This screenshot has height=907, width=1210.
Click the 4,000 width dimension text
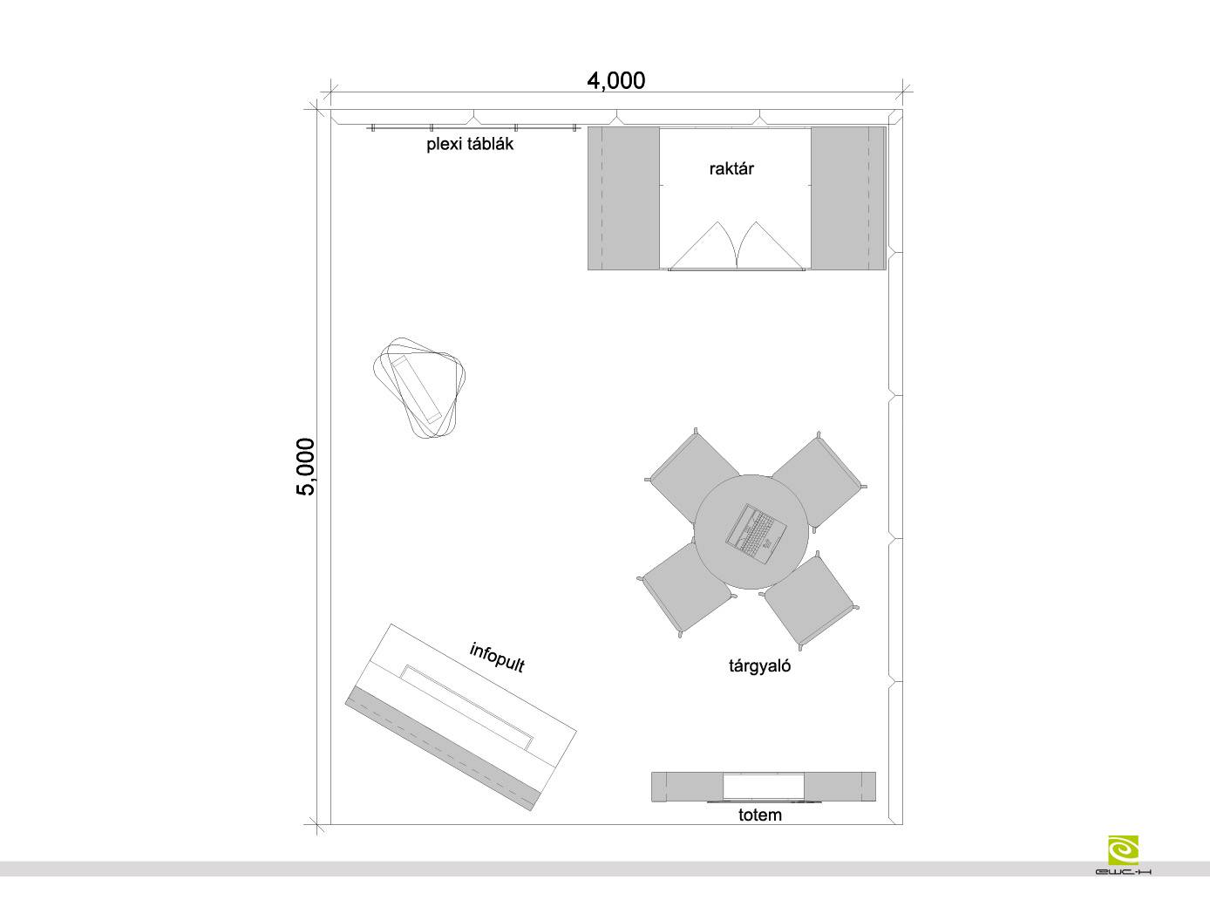tap(615, 81)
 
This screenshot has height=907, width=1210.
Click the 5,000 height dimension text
tap(306, 467)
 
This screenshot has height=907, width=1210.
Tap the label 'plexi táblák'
tap(470, 145)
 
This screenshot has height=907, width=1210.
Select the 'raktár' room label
tap(731, 168)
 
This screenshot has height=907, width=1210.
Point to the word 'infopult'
tap(497, 658)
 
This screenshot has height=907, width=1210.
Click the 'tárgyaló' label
tap(759, 666)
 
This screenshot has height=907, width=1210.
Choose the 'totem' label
tap(760, 815)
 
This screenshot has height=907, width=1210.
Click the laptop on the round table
tap(756, 534)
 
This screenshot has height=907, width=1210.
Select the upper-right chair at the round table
tap(818, 481)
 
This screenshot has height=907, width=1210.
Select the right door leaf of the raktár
tap(772, 246)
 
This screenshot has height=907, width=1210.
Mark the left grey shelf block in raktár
tap(623, 199)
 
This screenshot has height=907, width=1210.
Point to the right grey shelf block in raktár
tap(848, 199)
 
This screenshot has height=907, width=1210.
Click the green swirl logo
tap(1123, 851)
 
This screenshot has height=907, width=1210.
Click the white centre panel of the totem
tap(764, 787)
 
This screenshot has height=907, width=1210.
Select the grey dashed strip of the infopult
tap(442, 749)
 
